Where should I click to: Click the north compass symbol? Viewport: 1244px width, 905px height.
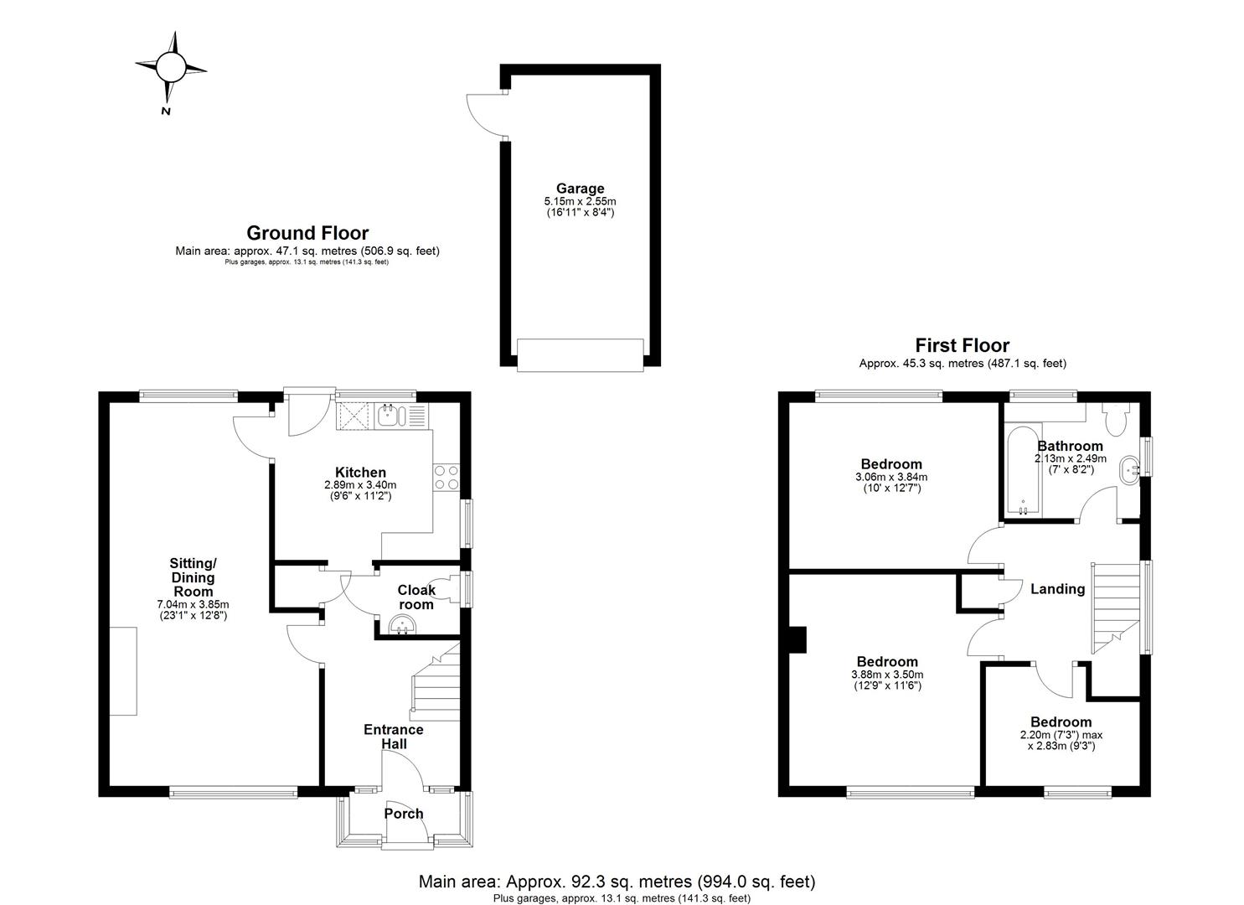[x=171, y=67]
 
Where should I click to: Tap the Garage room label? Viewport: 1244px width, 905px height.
[x=579, y=189]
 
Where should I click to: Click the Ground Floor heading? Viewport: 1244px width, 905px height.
[x=307, y=233]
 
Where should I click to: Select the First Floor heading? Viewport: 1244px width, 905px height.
[x=962, y=345]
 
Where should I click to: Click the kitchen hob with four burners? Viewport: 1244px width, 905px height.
[x=445, y=477]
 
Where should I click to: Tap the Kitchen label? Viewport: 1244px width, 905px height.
[x=360, y=473]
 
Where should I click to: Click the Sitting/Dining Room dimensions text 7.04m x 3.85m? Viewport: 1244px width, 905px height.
[x=193, y=604]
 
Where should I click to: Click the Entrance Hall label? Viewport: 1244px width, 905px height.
[x=393, y=737]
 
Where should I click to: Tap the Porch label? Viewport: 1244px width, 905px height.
[x=404, y=814]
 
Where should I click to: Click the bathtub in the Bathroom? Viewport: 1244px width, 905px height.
[x=1022, y=473]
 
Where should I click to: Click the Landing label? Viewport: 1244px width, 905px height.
[x=1057, y=589]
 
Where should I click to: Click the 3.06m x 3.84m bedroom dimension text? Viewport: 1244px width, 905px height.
[x=891, y=478]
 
